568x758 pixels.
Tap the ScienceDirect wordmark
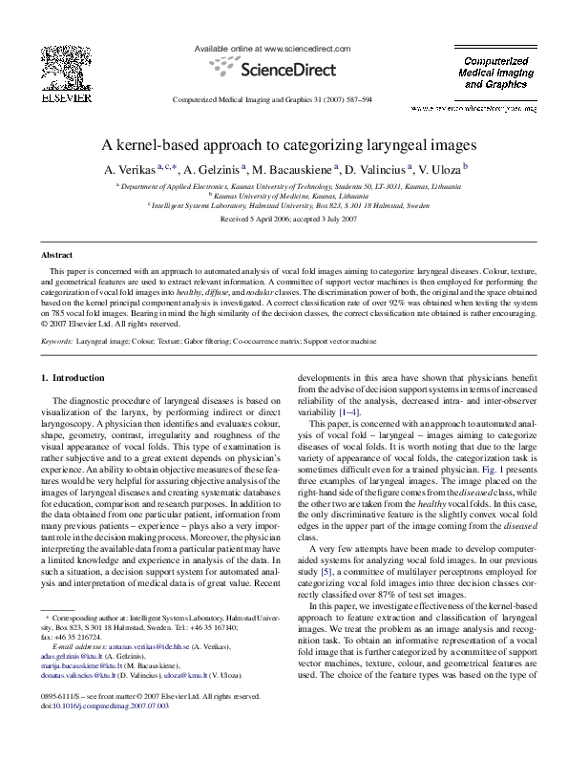click(x=284, y=68)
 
